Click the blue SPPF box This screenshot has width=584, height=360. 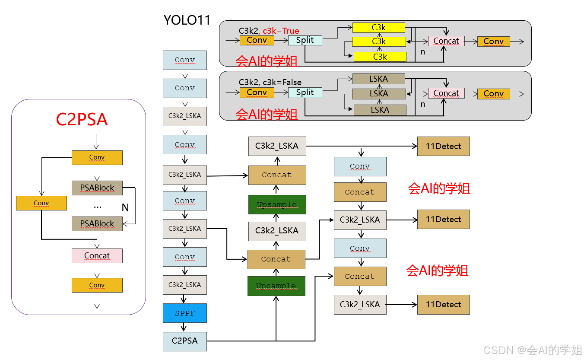(x=185, y=313)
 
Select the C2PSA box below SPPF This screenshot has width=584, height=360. (x=185, y=341)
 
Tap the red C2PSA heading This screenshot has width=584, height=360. (x=82, y=120)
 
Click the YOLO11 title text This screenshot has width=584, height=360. (x=187, y=20)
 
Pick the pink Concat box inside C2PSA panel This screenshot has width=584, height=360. (x=97, y=255)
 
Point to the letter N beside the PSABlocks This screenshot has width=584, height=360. (x=125, y=207)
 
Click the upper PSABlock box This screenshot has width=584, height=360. (x=97, y=188)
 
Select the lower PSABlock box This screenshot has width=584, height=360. (x=97, y=223)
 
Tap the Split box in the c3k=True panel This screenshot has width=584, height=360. (x=305, y=40)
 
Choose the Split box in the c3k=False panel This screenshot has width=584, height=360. (x=305, y=92)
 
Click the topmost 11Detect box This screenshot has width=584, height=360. (x=443, y=146)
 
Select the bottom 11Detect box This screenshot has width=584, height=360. (x=443, y=304)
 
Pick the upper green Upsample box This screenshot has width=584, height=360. (x=277, y=204)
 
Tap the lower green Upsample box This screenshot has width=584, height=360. (x=276, y=286)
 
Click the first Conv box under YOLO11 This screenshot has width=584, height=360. (x=185, y=60)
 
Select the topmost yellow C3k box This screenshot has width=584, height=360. (x=379, y=28)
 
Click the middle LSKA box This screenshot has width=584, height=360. (x=379, y=93)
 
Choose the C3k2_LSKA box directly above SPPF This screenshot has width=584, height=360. (x=185, y=285)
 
